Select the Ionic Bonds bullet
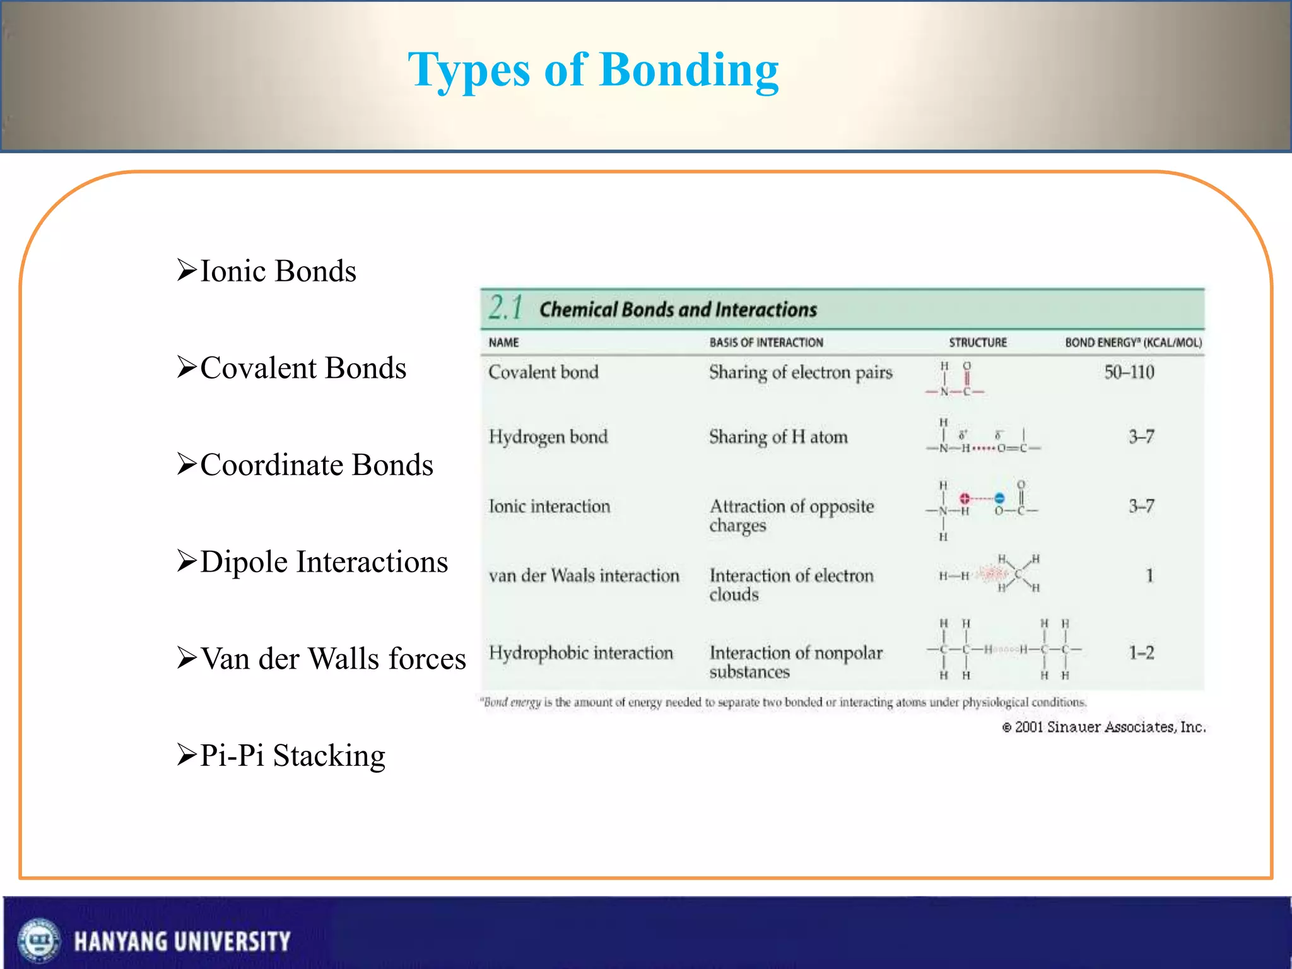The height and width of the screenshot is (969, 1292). coord(278,271)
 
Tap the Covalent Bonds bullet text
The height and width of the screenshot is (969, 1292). coord(303,368)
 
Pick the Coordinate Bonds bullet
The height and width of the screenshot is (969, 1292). coord(316,465)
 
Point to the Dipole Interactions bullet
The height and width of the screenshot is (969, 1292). coord(324,561)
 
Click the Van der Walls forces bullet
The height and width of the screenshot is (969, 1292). coord(332,659)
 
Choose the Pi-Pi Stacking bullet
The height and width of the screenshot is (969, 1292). coord(292,755)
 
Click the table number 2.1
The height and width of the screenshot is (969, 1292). coord(506,308)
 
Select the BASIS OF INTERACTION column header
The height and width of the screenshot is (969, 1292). coord(766,343)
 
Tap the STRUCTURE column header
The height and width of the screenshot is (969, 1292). coord(978,343)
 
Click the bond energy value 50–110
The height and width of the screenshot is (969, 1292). coord(1129,372)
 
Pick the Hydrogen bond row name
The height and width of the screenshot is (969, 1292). coord(548,437)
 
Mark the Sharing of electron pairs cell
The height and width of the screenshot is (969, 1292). coord(801,372)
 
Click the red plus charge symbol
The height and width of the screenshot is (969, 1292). coord(965,498)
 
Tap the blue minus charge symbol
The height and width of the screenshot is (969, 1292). coord(999,498)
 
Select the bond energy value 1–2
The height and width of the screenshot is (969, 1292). coord(1141,652)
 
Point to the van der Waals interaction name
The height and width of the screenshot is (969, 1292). coord(584,575)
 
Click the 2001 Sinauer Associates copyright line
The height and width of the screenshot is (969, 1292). coord(1104,727)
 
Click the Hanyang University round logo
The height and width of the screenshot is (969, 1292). coord(39,940)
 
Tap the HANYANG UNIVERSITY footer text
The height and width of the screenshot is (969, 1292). coord(182,941)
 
